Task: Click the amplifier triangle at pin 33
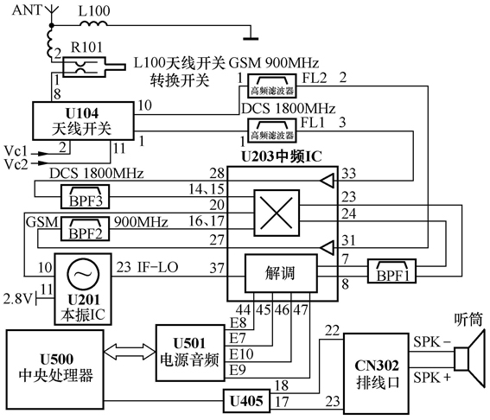pyautogui.click(x=325, y=180)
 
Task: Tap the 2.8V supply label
pyautogui.click(x=17, y=298)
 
